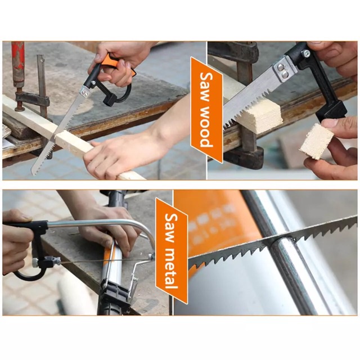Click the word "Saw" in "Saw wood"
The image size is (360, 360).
point(206,86)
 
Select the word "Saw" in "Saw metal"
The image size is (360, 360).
point(172,227)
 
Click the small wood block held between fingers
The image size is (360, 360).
point(316,141)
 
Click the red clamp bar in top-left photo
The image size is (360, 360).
point(18,61)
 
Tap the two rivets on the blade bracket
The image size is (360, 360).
point(282,70)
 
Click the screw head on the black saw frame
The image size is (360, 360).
point(306,54)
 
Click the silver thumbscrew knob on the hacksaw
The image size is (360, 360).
point(35,263)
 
